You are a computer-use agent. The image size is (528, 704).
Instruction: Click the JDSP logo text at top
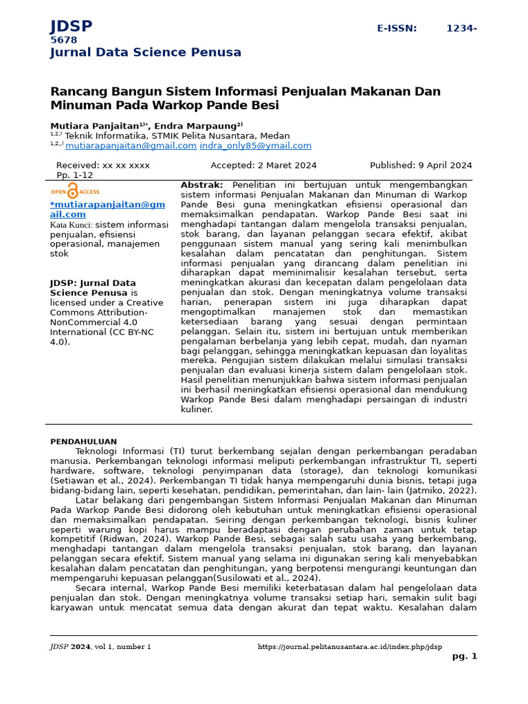[x=71, y=27]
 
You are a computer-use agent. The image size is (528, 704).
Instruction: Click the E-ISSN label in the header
[x=397, y=28]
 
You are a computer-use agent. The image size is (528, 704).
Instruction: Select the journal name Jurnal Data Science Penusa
[x=145, y=52]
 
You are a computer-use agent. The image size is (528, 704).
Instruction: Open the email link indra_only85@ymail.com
[x=255, y=146]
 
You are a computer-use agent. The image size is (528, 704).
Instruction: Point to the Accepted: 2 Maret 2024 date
[x=263, y=165]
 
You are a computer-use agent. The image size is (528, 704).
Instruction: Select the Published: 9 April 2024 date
[x=421, y=165]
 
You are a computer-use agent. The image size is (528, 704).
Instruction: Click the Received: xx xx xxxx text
[x=102, y=165]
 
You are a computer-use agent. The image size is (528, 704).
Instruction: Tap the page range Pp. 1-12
[x=74, y=175]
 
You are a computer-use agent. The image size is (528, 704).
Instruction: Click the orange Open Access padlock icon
[x=73, y=191]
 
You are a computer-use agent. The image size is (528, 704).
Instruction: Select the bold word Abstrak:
[x=201, y=186]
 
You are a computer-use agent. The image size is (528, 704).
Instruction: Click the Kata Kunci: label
[x=71, y=225]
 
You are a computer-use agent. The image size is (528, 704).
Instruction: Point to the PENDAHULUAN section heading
[x=83, y=441]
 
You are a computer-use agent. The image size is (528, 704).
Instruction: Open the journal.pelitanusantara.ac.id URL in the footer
[x=349, y=647]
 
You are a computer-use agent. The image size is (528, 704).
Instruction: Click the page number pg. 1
[x=464, y=657]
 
